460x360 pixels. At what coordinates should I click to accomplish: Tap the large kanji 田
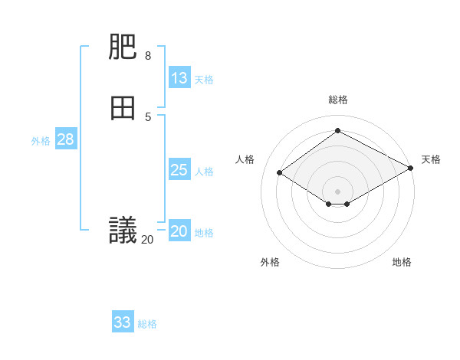(x=123, y=108)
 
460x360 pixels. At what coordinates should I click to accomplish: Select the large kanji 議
(x=123, y=231)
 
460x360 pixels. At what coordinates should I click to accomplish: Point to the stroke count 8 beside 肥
(x=148, y=56)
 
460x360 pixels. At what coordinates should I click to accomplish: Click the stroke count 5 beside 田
(x=148, y=116)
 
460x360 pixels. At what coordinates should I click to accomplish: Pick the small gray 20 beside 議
(x=147, y=240)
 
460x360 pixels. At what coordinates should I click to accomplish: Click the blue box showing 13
(x=179, y=78)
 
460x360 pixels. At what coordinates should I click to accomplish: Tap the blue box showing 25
(x=179, y=170)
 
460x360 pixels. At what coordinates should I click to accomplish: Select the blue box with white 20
(x=179, y=231)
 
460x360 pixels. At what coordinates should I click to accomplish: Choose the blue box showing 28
(x=65, y=139)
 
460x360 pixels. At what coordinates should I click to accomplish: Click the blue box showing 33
(x=123, y=322)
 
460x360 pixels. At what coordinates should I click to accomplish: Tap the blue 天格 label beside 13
(x=203, y=80)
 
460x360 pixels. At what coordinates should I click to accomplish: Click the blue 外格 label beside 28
(x=41, y=141)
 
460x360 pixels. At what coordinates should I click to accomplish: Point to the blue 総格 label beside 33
(x=147, y=324)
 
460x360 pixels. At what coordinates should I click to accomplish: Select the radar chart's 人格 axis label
(x=245, y=159)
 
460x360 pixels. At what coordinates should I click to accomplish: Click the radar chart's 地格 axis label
(x=402, y=262)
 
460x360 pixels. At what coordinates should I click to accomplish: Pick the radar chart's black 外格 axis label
(x=270, y=262)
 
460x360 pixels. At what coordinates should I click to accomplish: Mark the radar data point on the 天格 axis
(x=411, y=169)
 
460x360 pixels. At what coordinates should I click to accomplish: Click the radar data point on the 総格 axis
(x=337, y=131)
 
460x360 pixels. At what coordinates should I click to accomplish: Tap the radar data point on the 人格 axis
(x=280, y=173)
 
